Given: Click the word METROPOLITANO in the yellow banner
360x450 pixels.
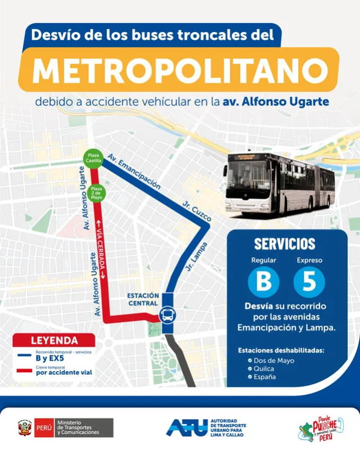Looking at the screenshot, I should point(180,70).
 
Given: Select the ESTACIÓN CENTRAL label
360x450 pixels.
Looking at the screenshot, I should point(142,299).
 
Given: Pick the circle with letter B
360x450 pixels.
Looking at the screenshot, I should point(263,281).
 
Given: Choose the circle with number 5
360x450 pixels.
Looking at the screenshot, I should point(309,281).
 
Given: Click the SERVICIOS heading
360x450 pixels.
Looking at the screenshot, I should point(284,244).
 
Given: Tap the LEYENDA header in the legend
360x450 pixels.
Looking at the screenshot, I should point(55,340).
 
